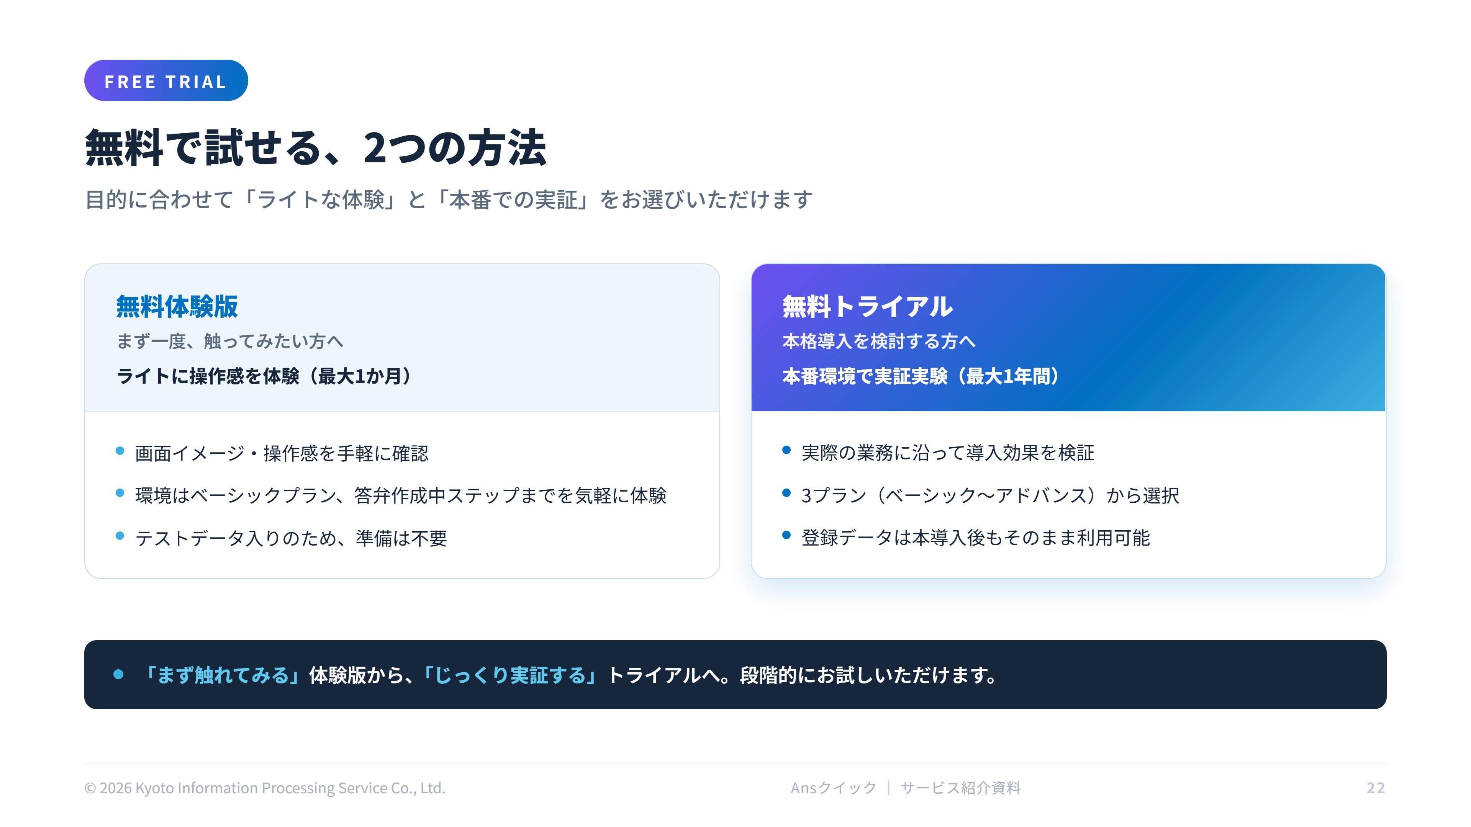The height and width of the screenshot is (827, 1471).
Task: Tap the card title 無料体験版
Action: tap(177, 306)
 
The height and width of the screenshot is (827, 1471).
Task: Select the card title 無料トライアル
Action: tap(867, 306)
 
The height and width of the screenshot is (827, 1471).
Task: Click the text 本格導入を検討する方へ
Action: tap(879, 341)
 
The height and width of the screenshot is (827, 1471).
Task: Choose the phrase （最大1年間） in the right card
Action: tap(1010, 376)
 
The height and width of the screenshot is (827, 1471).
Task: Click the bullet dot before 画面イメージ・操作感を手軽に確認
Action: tap(120, 451)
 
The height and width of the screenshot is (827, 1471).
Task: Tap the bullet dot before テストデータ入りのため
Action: tap(120, 535)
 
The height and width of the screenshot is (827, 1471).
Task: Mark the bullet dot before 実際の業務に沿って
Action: tap(786, 450)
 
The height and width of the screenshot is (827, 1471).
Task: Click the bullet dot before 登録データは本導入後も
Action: tap(786, 535)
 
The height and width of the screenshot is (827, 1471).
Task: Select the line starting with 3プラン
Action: tap(990, 495)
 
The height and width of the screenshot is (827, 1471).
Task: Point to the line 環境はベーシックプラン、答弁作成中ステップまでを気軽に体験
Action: tap(401, 495)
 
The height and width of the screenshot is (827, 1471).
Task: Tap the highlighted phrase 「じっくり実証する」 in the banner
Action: tap(510, 675)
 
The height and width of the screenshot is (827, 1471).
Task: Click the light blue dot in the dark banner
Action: tap(118, 675)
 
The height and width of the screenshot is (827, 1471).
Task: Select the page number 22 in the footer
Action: tap(1376, 788)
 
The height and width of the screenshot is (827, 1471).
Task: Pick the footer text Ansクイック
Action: tap(833, 788)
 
